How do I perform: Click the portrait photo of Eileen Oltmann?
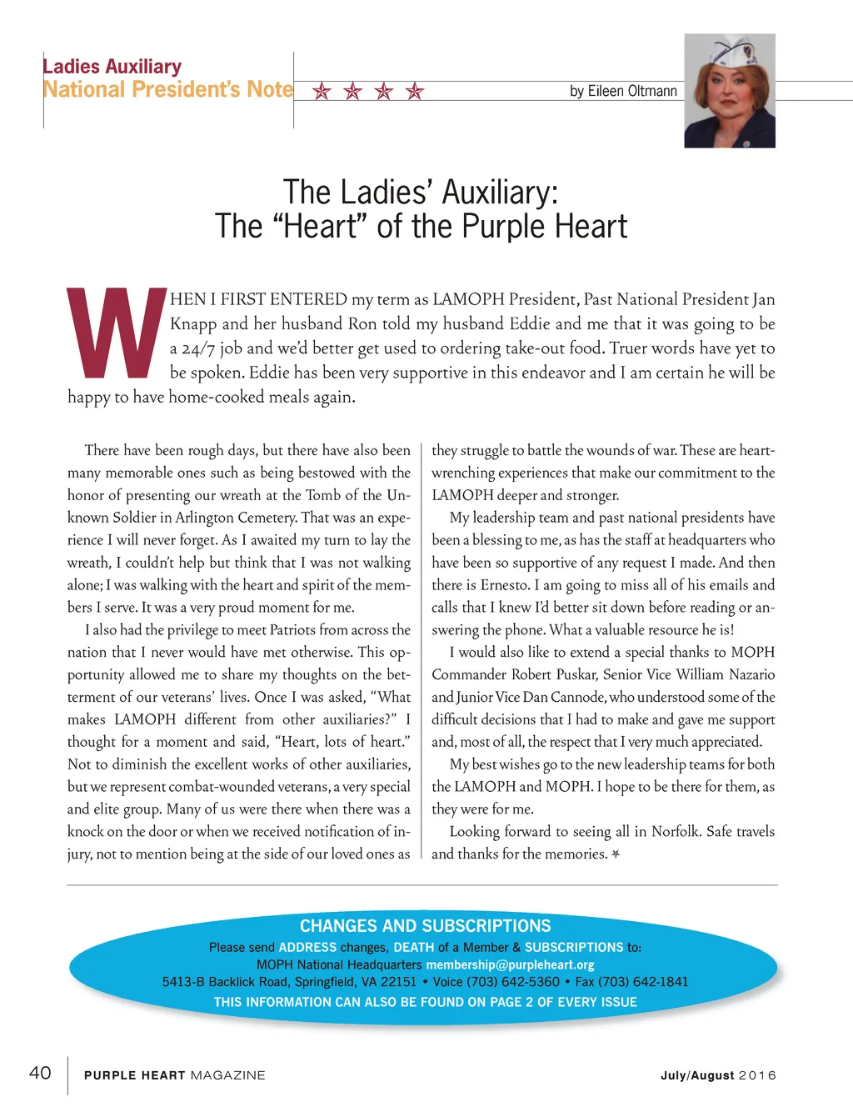[x=730, y=92]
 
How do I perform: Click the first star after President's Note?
[x=322, y=91]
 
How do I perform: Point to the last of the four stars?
[x=415, y=91]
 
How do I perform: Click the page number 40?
[x=40, y=1073]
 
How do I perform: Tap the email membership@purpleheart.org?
[x=510, y=964]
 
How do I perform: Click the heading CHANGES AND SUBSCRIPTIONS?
[x=426, y=926]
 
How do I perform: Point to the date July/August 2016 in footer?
[x=718, y=1075]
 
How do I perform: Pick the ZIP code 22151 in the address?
[x=398, y=982]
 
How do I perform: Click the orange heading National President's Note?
[x=168, y=89]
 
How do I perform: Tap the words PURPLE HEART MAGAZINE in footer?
[x=175, y=1075]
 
